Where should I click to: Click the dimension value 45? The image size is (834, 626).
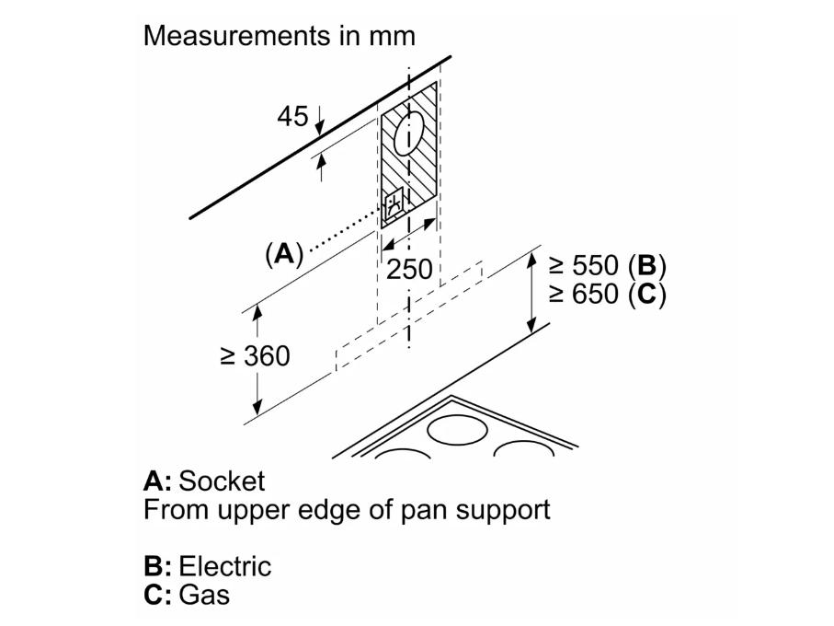pyautogui.click(x=292, y=116)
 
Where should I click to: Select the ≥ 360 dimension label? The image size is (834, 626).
pyautogui.click(x=256, y=355)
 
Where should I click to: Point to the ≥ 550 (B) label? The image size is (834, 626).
pyautogui.click(x=607, y=266)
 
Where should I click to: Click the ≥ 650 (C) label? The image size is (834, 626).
pyautogui.click(x=607, y=296)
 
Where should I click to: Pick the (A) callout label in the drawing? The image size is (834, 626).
pyautogui.click(x=283, y=253)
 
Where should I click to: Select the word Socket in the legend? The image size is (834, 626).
pyautogui.click(x=222, y=481)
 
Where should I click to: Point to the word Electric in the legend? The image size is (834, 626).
pyautogui.click(x=225, y=565)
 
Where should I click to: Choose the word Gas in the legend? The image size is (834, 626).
pyautogui.click(x=204, y=594)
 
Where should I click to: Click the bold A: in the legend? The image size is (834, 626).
pyautogui.click(x=157, y=481)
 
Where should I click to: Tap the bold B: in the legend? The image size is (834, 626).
pyautogui.click(x=157, y=565)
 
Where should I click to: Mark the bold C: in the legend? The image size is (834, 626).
pyautogui.click(x=157, y=594)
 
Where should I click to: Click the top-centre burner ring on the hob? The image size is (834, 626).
pyautogui.click(x=457, y=430)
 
